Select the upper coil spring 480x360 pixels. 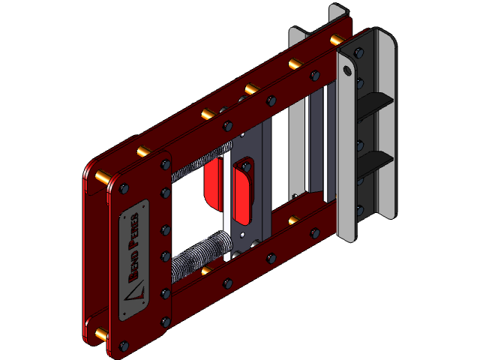click(196, 167)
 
